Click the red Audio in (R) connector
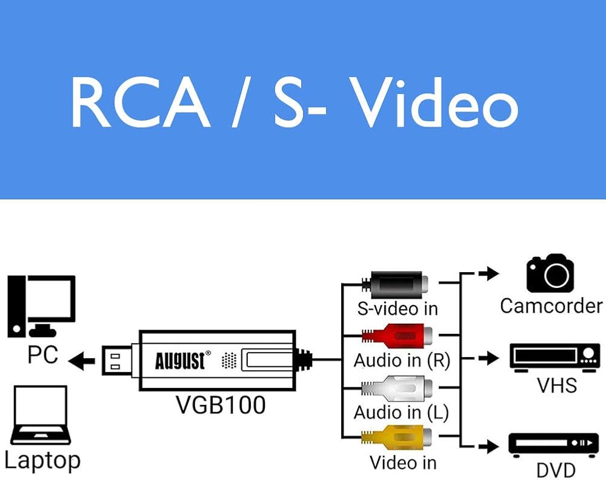pyautogui.click(x=398, y=335)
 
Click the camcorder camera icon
pyautogui.click(x=550, y=273)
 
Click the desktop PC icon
pyautogui.click(x=42, y=306)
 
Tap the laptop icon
pyautogui.click(x=41, y=416)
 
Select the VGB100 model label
pyautogui.click(x=221, y=404)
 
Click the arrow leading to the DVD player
pyautogui.click(x=488, y=447)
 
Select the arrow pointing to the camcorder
pyautogui.click(x=488, y=273)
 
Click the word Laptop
pyautogui.click(x=42, y=460)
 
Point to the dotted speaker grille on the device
pyautogui.click(x=228, y=361)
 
